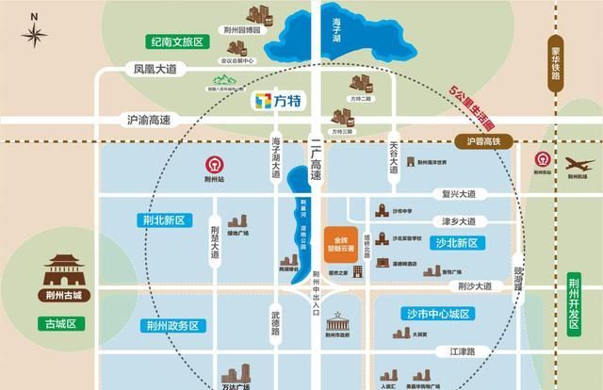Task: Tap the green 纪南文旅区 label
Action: click(177, 42)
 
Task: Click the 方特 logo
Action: click(280, 98)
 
